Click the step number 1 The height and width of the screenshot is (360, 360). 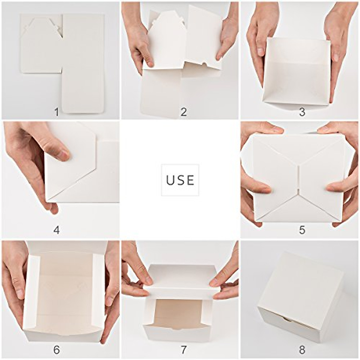pos(56,112)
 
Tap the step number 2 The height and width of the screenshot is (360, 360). pos(184,112)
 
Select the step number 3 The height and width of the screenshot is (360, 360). pos(302,112)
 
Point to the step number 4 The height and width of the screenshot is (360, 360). pos(56,230)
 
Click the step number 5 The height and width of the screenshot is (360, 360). pos(302,230)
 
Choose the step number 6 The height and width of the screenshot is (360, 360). pos(56,349)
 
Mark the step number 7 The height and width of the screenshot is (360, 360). pos(184,349)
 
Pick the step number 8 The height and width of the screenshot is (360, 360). pos(302,349)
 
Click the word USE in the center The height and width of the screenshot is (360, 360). pos(180,180)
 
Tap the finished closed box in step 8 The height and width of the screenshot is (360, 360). pos(300,297)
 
